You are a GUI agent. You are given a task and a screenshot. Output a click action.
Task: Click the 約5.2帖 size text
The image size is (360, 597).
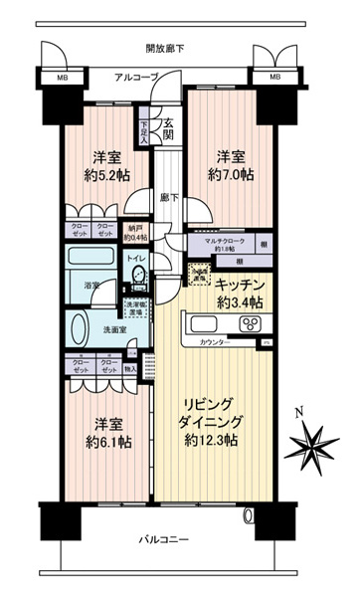click(x=104, y=175)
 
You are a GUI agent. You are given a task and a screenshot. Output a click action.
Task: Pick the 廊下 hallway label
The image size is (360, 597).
click(x=168, y=197)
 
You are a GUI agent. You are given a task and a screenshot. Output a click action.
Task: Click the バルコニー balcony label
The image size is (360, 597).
click(x=162, y=538)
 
